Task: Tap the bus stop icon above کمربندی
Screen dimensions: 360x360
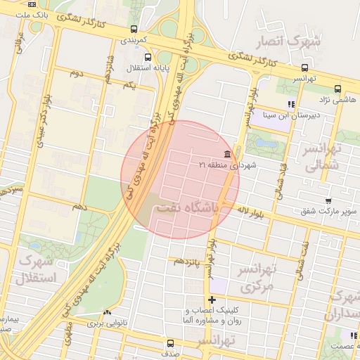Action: coord(134,30)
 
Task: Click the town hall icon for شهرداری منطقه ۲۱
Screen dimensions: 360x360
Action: coord(226,154)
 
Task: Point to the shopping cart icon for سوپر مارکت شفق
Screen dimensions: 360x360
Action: coord(328,201)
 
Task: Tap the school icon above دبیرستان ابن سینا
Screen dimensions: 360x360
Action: coord(291,104)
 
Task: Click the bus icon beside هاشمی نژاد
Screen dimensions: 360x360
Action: coord(338,89)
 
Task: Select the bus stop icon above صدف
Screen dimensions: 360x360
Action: coord(170,344)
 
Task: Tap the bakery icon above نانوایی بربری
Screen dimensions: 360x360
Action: coord(107,314)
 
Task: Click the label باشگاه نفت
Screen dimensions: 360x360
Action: coord(190,208)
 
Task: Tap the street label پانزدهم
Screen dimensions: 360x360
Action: coord(188,261)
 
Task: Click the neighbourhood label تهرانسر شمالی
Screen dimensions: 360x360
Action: coord(323,157)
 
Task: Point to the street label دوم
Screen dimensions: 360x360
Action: coord(76,73)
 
